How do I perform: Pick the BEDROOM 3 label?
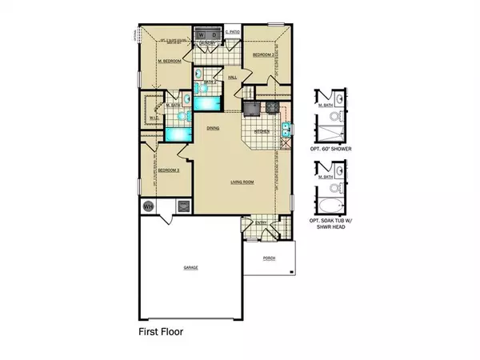[x=167, y=170]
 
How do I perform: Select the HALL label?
[x=232, y=78]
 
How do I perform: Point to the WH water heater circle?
[x=148, y=206]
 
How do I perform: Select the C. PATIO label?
[x=232, y=32]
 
